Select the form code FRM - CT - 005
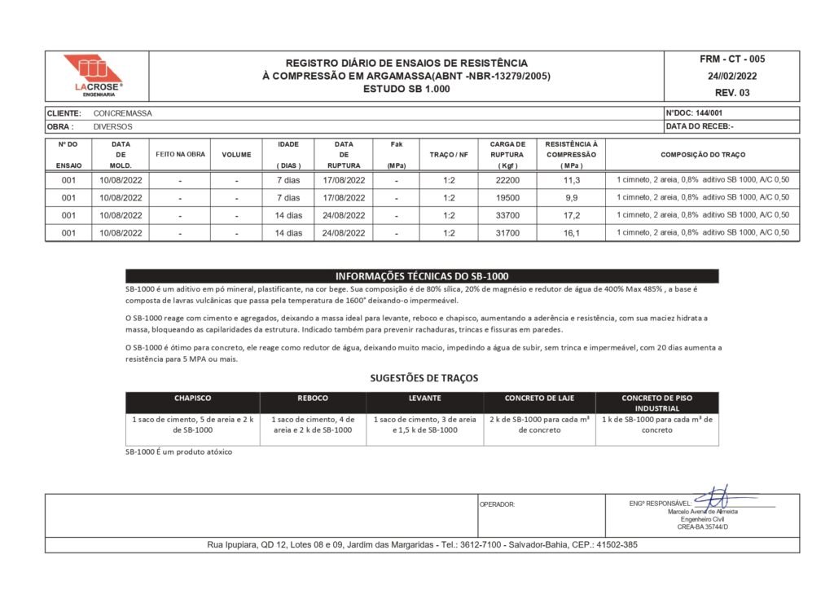731,59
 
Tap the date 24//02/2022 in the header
731,76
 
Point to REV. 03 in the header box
731,92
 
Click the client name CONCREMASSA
123,113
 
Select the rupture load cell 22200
507,180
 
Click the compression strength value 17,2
571,215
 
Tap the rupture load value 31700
507,233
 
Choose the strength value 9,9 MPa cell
571,197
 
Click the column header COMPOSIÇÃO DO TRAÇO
702,155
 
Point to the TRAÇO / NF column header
449,155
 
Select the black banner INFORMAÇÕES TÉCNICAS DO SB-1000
422,275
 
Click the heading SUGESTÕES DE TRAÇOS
424,378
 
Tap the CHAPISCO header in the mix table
192,398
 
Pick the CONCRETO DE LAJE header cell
539,398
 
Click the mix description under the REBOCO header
313,425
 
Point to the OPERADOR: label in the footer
498,504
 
